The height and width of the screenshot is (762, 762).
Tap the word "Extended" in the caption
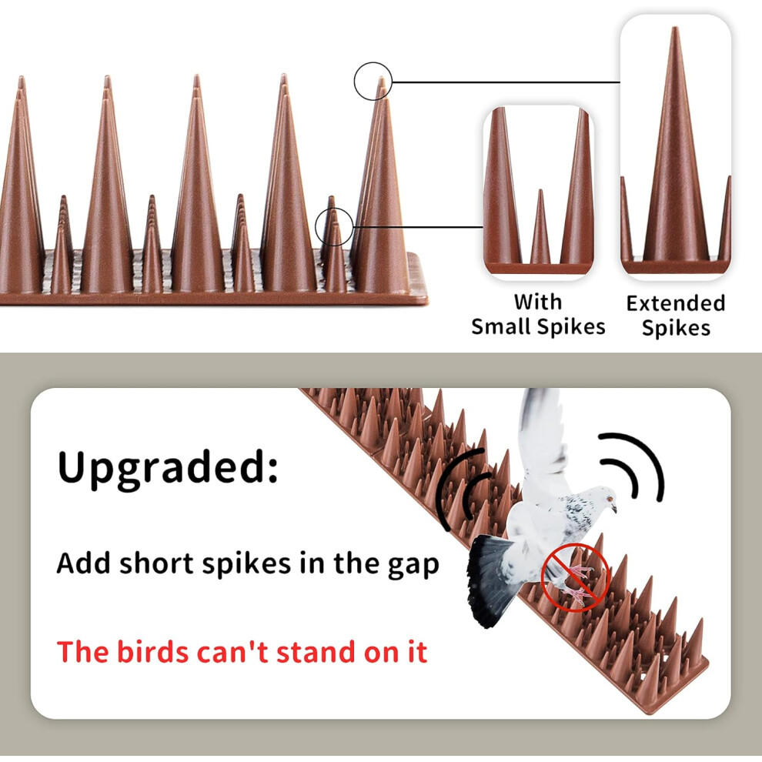pyautogui.click(x=676, y=303)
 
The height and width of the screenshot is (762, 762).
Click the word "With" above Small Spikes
pyautogui.click(x=538, y=302)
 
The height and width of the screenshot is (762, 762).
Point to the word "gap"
pyautogui.click(x=413, y=566)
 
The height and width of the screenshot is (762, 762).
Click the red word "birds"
pyautogui.click(x=153, y=651)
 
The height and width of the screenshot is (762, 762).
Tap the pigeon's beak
pyautogui.click(x=614, y=509)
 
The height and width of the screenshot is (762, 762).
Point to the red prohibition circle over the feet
pyautogui.click(x=576, y=577)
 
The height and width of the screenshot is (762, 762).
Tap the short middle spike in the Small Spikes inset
pyautogui.click(x=540, y=227)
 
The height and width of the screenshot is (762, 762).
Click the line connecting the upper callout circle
pyautogui.click(x=506, y=82)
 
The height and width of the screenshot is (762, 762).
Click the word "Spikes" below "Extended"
pyautogui.click(x=676, y=328)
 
